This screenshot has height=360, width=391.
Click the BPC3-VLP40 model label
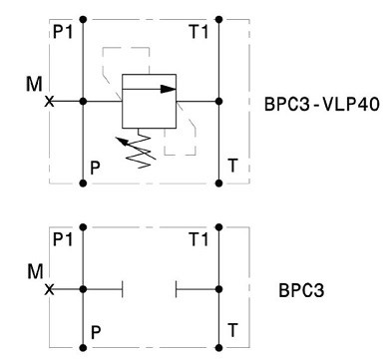[321, 104]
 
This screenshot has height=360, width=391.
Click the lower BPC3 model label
[301, 290]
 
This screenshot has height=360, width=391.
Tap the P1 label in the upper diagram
[63, 32]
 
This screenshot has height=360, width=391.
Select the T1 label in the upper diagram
[198, 32]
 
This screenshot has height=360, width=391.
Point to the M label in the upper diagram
[34, 84]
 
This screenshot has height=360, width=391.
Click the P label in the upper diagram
[95, 169]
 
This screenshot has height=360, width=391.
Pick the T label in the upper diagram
[233, 166]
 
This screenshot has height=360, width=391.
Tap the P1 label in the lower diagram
[63, 239]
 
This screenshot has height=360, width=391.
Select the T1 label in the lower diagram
[198, 239]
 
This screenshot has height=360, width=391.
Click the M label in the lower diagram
[35, 271]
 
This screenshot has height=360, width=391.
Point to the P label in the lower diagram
[96, 332]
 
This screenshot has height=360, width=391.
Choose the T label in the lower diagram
[233, 330]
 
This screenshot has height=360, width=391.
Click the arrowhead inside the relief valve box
[168, 89]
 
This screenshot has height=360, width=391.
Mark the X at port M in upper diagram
[49, 101]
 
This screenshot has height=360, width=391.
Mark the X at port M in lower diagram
[49, 289]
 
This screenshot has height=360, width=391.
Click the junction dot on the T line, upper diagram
[218, 101]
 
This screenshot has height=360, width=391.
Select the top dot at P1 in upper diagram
[83, 20]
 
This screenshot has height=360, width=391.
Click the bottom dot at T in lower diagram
[218, 348]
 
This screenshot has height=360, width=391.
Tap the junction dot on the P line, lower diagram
[83, 289]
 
